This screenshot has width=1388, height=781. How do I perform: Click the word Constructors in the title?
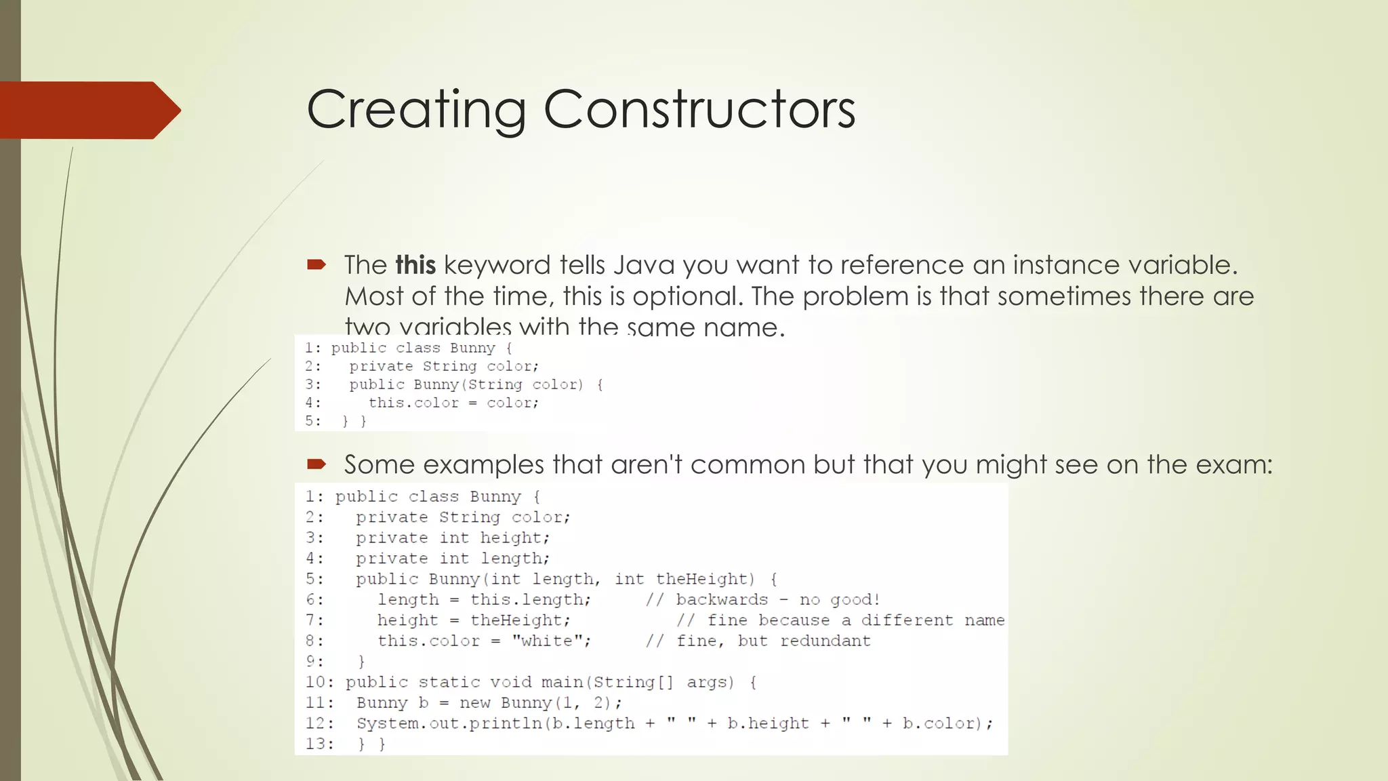pyautogui.click(x=699, y=110)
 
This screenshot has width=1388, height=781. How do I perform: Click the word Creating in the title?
pyautogui.click(x=416, y=110)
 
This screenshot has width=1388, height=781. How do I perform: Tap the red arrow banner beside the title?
pyautogui.click(x=88, y=110)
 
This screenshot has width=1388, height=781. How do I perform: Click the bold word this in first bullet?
pyautogui.click(x=415, y=265)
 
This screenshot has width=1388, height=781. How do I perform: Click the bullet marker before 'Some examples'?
pyautogui.click(x=316, y=464)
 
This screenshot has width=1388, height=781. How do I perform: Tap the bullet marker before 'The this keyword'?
pyautogui.click(x=316, y=265)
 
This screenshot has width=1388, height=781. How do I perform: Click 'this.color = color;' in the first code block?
pyautogui.click(x=453, y=403)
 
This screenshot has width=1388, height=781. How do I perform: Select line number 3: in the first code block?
pyautogui.click(x=312, y=384)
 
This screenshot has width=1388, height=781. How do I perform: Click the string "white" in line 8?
pyautogui.click(x=548, y=641)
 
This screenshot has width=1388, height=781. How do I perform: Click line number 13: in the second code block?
pyautogui.click(x=319, y=744)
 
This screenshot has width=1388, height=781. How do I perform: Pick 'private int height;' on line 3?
pyautogui.click(x=453, y=538)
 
